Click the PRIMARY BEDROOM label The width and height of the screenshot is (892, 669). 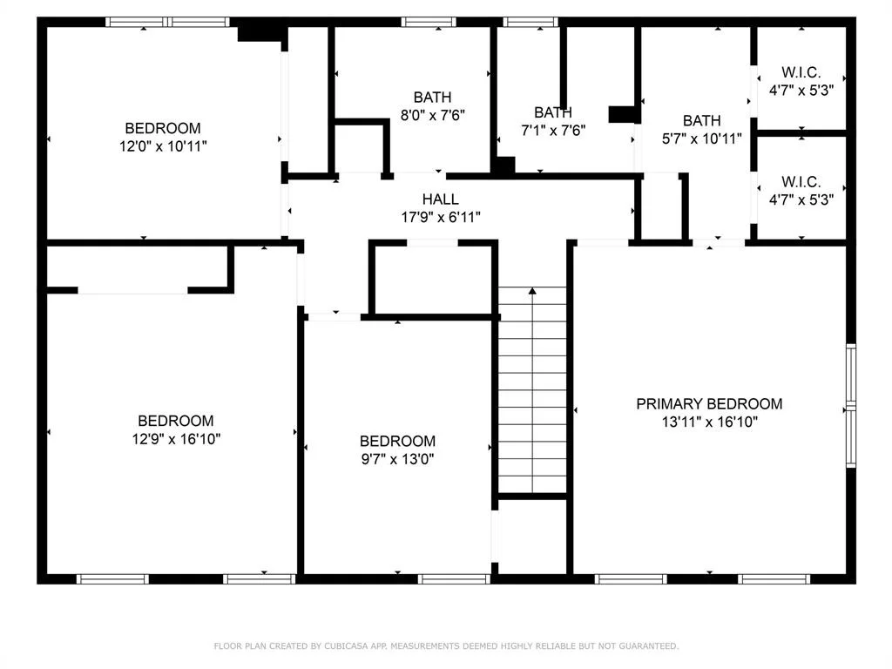point(709,404)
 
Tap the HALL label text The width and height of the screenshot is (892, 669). point(440,199)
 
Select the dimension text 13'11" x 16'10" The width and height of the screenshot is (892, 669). point(709,422)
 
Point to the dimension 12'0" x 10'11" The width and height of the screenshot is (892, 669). point(163,146)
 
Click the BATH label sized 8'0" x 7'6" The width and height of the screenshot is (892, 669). point(432,98)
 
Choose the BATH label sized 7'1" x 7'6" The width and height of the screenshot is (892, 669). point(553,112)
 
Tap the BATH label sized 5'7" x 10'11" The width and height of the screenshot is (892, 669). point(701,120)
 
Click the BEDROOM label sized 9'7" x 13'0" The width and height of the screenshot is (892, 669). point(397,441)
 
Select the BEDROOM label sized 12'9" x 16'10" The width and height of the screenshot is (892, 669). point(176,421)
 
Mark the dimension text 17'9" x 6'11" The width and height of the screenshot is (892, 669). point(441,217)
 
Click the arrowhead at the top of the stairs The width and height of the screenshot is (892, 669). point(532,291)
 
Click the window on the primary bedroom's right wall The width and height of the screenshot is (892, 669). point(851,406)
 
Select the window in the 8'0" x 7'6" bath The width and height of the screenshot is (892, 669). point(429,22)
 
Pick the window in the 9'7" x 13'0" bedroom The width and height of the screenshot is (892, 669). point(454,579)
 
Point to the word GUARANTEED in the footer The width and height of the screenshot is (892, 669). point(648,645)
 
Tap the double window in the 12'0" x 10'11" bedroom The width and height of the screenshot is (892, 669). point(167,22)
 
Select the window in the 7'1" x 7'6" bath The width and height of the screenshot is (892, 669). point(530,22)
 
